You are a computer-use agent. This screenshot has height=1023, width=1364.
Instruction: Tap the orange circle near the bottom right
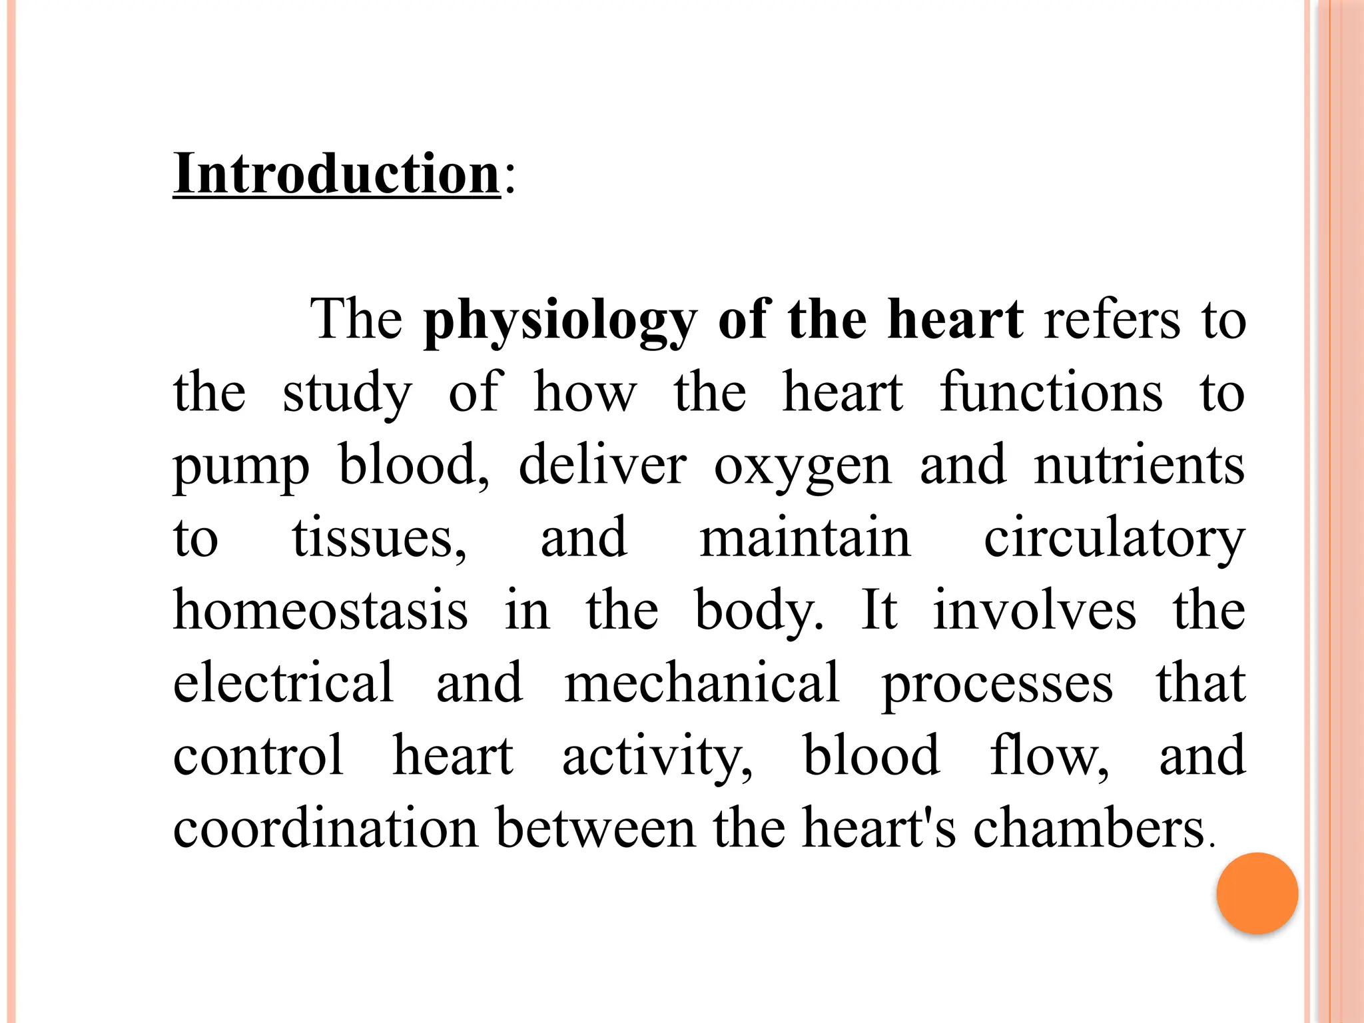click(1257, 893)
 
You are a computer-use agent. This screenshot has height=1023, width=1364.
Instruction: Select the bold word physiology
click(560, 321)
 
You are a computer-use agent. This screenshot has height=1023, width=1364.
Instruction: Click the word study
click(347, 393)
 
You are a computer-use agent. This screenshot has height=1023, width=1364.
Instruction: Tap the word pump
click(241, 466)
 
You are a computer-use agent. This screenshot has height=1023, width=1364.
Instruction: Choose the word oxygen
click(803, 466)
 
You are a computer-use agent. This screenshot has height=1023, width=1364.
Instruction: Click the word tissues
click(379, 538)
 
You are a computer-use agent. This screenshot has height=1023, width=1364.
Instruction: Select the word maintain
click(805, 538)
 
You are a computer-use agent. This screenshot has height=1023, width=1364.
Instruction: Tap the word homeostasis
click(320, 610)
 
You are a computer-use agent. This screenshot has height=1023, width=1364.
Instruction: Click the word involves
click(1034, 610)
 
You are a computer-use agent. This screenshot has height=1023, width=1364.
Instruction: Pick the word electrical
click(284, 682)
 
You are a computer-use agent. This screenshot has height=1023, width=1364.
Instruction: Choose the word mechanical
click(702, 682)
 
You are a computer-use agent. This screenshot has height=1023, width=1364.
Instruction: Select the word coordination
click(326, 827)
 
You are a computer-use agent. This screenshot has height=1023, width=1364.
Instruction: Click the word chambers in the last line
click(1088, 827)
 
